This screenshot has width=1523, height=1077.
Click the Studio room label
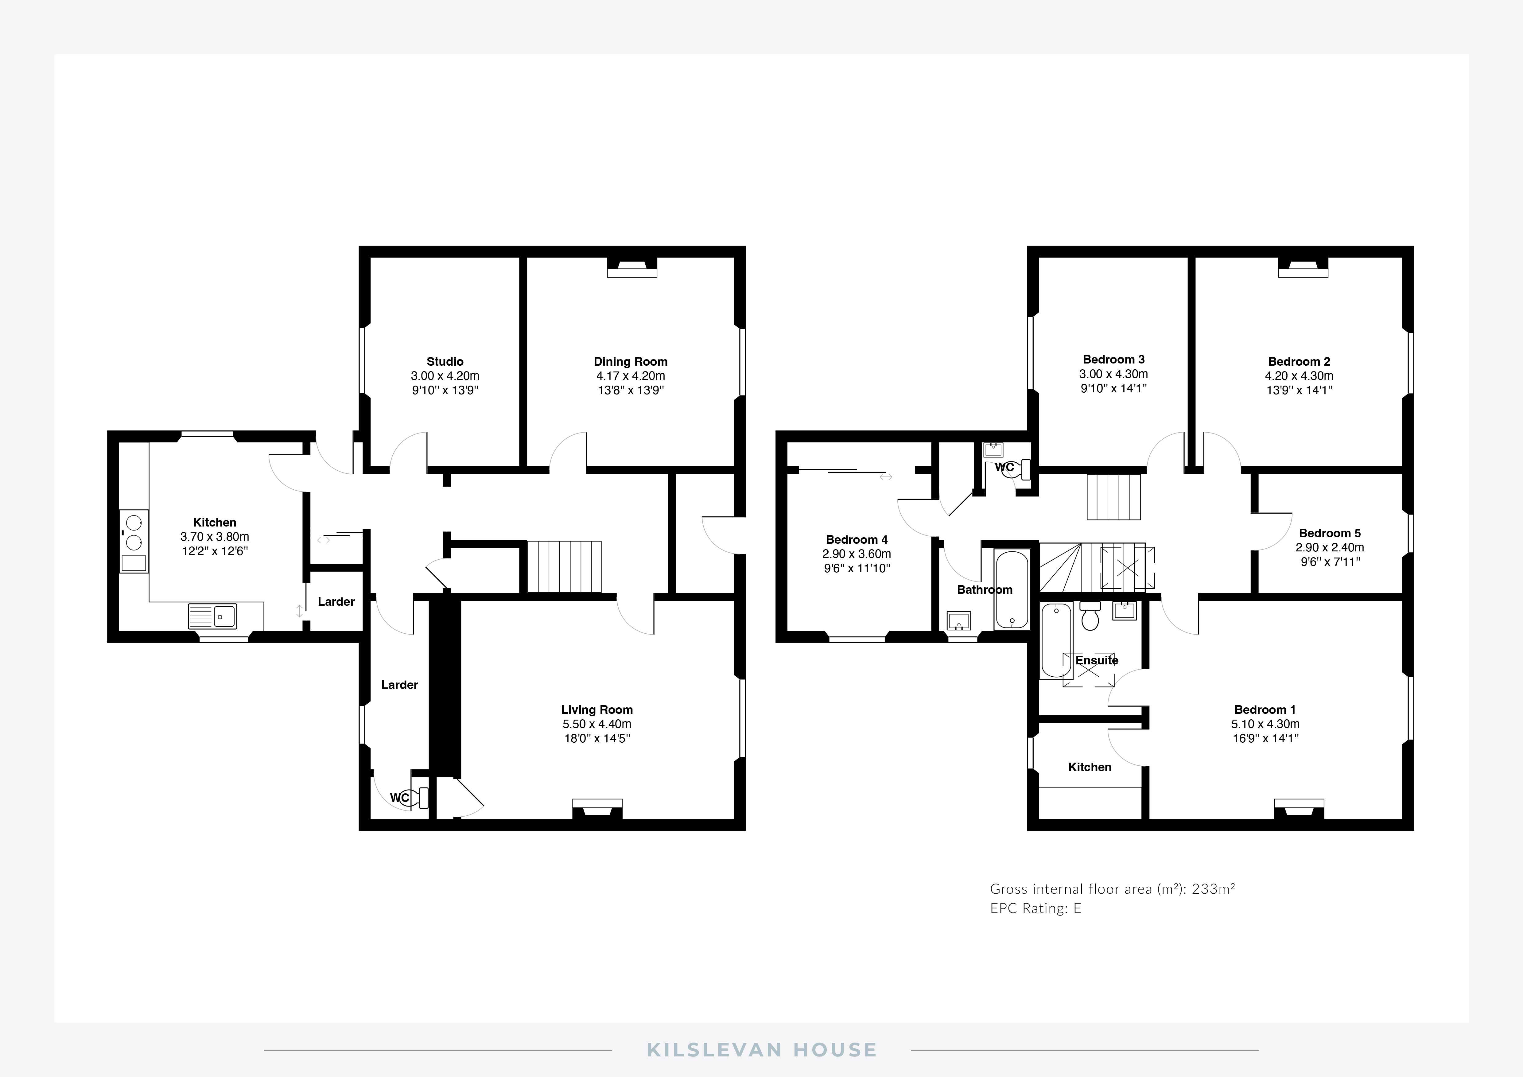tap(445, 361)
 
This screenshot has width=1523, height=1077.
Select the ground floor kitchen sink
tap(212, 616)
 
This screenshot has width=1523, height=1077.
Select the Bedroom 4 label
tap(856, 540)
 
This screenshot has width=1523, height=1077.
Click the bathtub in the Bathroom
tap(1012, 589)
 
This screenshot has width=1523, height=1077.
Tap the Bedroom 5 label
tap(1329, 533)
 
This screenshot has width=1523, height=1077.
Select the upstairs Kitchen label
tap(1090, 767)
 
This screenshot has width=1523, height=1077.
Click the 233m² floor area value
tap(1213, 889)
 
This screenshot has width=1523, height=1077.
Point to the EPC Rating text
tap(1035, 908)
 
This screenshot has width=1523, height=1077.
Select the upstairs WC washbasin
tap(993, 450)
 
